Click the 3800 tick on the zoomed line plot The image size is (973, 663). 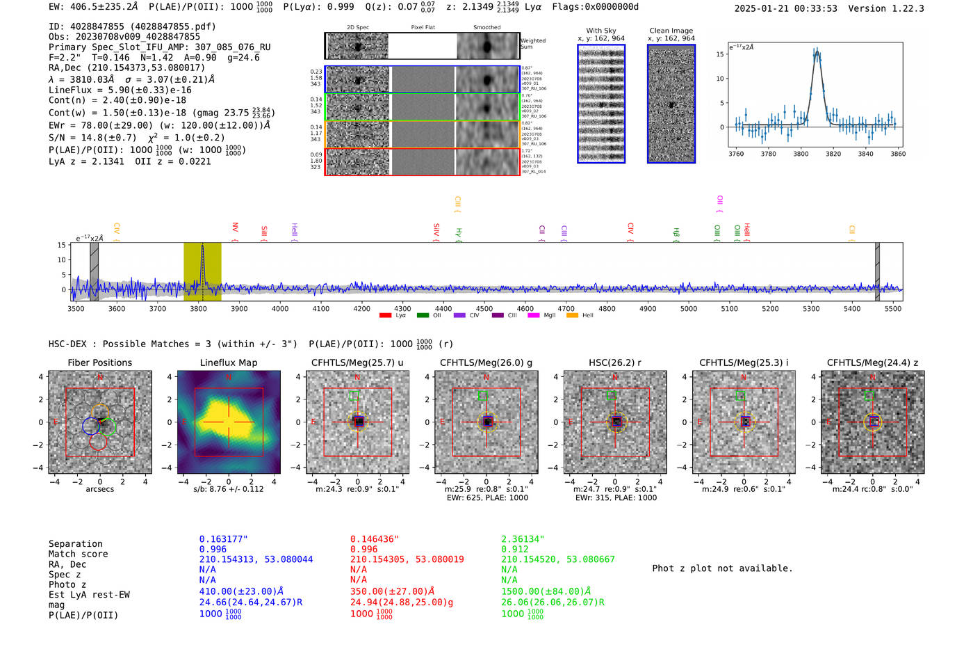pos(801,154)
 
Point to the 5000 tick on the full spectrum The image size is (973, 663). pos(689,308)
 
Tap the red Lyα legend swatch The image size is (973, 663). pos(385,315)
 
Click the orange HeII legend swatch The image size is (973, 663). pos(573,315)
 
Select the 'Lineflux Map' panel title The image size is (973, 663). pos(229,362)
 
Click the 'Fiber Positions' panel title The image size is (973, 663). pos(100,362)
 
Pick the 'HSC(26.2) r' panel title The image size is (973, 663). pos(615,362)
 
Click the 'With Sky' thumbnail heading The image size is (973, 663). pos(601,31)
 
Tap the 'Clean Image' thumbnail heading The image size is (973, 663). pos(671,31)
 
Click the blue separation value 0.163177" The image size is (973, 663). pos(223,539)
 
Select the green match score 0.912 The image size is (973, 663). pos(514,549)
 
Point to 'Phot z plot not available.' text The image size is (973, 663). pos(722,568)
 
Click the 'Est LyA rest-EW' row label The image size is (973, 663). pos(89,595)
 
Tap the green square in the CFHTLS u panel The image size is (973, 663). pos(354,395)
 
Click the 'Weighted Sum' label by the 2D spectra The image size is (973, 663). pos(533,44)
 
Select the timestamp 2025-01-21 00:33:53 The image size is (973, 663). pos(785,8)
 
